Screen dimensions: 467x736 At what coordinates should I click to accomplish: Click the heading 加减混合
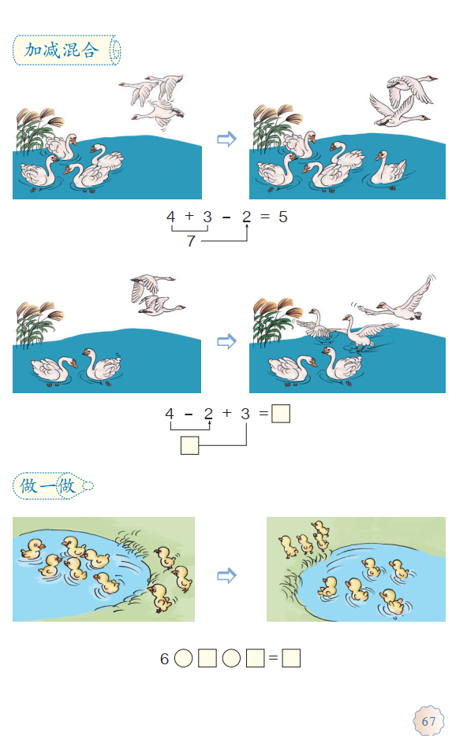(x=62, y=50)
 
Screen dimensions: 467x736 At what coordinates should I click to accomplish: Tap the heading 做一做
(x=47, y=486)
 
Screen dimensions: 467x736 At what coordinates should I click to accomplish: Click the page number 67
(x=428, y=722)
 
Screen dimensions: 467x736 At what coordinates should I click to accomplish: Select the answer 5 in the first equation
(x=282, y=217)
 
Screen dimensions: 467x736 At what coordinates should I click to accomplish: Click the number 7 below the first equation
(x=191, y=241)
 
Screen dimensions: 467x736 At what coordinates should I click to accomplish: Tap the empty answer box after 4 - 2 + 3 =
(x=281, y=414)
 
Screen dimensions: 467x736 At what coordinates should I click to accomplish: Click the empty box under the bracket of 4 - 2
(x=190, y=445)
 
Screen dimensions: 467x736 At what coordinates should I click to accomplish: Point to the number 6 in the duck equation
(x=164, y=659)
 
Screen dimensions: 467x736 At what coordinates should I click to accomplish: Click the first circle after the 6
(x=184, y=658)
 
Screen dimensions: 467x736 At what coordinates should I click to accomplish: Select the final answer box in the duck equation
(x=291, y=658)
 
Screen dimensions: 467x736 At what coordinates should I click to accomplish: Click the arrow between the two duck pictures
(x=226, y=575)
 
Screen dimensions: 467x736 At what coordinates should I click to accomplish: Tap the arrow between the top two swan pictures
(x=226, y=139)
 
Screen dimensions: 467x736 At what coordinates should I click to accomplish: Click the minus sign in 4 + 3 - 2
(x=226, y=217)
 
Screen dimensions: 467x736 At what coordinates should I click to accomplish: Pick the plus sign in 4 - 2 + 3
(x=227, y=413)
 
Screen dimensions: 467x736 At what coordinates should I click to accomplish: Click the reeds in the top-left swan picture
(x=38, y=129)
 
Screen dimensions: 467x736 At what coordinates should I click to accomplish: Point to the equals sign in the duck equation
(x=273, y=659)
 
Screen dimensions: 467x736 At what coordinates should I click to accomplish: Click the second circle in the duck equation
(x=231, y=658)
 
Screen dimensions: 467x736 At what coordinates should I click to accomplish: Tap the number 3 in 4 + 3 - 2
(x=207, y=217)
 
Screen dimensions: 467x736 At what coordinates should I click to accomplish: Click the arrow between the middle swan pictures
(x=226, y=341)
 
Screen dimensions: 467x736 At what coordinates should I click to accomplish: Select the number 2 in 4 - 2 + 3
(x=208, y=414)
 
